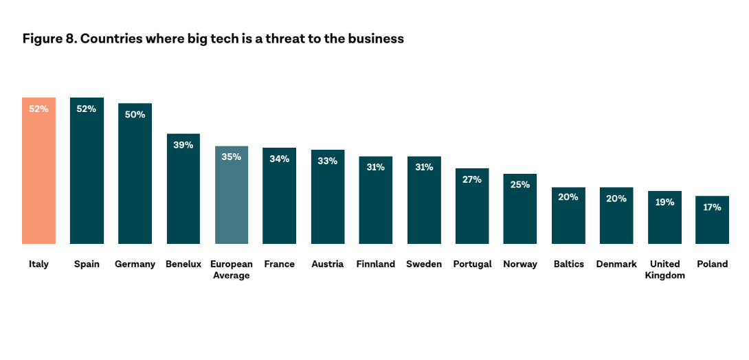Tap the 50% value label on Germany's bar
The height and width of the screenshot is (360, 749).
[135, 115]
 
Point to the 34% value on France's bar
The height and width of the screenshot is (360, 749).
[279, 159]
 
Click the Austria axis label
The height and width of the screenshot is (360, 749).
[327, 264]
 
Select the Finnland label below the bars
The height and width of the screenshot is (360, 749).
[375, 264]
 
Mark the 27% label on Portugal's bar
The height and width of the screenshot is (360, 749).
[471, 179]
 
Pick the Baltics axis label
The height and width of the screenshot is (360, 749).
[568, 264]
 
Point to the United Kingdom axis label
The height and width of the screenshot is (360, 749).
[664, 269]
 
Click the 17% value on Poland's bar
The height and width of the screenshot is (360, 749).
[712, 207]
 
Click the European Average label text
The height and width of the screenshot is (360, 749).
[231, 269]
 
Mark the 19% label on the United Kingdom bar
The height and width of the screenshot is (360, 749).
[664, 202]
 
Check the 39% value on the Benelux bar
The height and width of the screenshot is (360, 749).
[183, 145]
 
